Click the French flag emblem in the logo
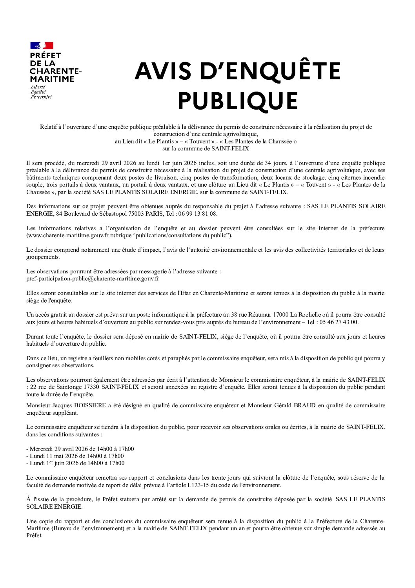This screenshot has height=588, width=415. (42, 46)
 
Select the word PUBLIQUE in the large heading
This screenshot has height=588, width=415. (238, 101)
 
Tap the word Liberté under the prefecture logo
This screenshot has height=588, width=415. (38, 87)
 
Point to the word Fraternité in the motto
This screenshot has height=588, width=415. (41, 97)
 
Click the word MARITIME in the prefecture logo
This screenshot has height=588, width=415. (52, 79)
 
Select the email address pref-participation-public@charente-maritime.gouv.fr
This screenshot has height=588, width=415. (93, 278)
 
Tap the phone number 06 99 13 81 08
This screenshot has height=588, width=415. (197, 214)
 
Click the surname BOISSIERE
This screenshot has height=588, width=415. (90, 405)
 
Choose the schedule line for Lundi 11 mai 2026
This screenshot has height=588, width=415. (75, 456)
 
